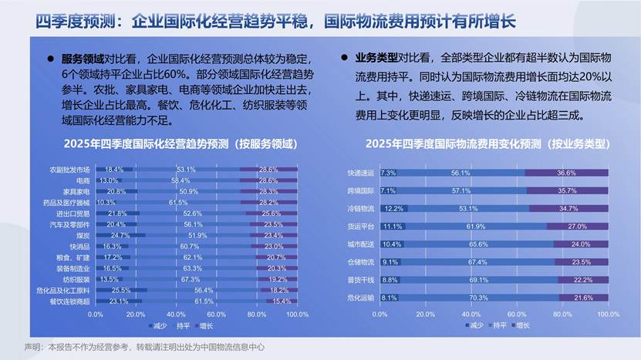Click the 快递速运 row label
361,173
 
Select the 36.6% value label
567,173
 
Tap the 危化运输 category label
361,297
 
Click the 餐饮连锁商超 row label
70,301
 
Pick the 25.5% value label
121,290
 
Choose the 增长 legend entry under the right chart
520,325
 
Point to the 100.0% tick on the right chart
608,315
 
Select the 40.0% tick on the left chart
175,315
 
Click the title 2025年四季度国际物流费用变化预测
487,143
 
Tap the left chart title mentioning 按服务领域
180,143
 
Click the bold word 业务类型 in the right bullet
376,58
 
